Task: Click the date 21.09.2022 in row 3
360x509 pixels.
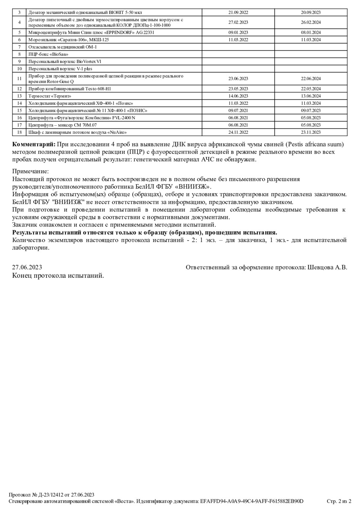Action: click(x=238, y=12)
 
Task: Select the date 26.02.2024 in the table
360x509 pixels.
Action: click(x=311, y=22)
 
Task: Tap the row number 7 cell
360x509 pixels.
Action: click(x=19, y=47)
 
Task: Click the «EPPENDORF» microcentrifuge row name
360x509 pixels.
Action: click(x=91, y=32)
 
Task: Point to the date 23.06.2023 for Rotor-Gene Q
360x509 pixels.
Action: click(x=238, y=78)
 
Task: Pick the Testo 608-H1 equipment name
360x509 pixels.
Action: click(x=70, y=89)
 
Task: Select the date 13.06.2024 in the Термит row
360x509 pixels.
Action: click(x=311, y=96)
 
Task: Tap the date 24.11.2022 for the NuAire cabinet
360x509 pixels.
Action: click(x=238, y=132)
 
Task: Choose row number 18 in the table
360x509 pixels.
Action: click(x=19, y=132)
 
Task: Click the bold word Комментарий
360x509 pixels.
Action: click(x=34, y=144)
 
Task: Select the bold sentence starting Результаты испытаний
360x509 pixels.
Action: click(x=145, y=232)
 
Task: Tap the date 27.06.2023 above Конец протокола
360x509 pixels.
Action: click(x=27, y=267)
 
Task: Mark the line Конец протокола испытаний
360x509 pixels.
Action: click(x=58, y=276)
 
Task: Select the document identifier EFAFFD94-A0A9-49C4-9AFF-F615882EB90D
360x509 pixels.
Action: click(x=252, y=501)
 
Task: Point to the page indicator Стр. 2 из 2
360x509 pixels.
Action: click(x=339, y=501)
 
